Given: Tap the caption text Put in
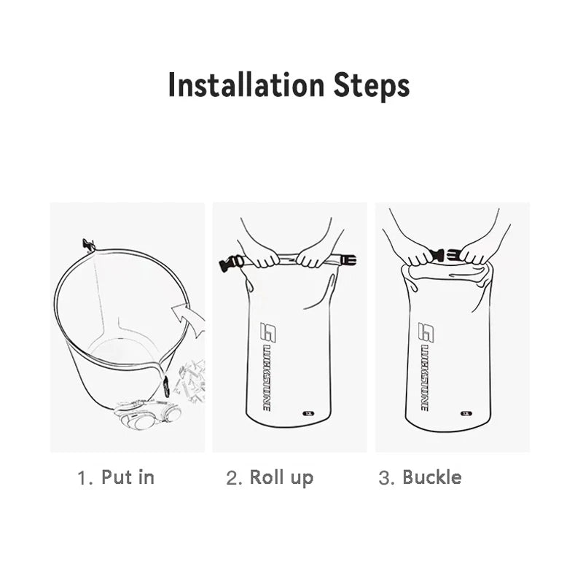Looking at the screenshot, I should (128, 477).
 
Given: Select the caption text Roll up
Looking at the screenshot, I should (281, 477).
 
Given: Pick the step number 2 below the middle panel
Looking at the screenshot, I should (234, 478).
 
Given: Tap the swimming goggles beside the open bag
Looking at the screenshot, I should (148, 418).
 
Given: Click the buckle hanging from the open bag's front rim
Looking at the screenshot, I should (166, 385).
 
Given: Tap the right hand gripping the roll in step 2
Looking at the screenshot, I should (315, 255).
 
